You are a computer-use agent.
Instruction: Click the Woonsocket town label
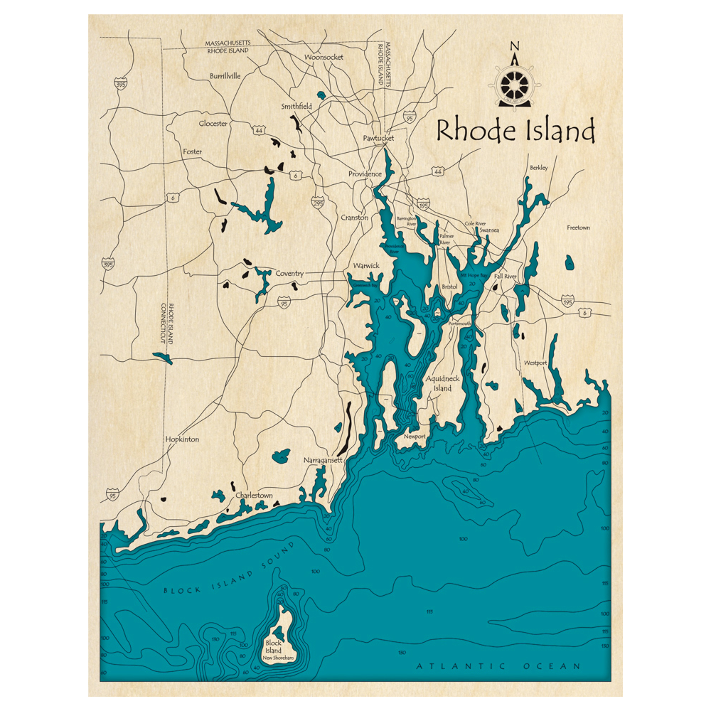click(324, 57)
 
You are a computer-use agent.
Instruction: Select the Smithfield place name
click(296, 107)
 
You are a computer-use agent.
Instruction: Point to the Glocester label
click(213, 124)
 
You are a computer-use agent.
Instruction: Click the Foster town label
click(192, 152)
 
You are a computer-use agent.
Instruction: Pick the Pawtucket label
click(378, 139)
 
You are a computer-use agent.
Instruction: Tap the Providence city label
click(365, 174)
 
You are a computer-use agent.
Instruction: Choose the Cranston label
click(354, 218)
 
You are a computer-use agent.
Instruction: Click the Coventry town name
click(289, 274)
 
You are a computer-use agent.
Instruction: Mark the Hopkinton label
click(182, 439)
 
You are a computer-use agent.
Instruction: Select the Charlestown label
click(254, 495)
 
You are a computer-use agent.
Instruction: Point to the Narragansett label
click(323, 461)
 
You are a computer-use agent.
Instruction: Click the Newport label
click(415, 437)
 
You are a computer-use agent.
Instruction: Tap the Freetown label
click(578, 228)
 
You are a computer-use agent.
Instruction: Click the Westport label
click(535, 363)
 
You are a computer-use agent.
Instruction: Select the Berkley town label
click(538, 168)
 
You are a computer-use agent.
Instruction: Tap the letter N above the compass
click(515, 48)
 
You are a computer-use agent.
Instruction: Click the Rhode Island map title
click(515, 132)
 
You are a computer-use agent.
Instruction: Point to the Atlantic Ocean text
click(498, 666)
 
